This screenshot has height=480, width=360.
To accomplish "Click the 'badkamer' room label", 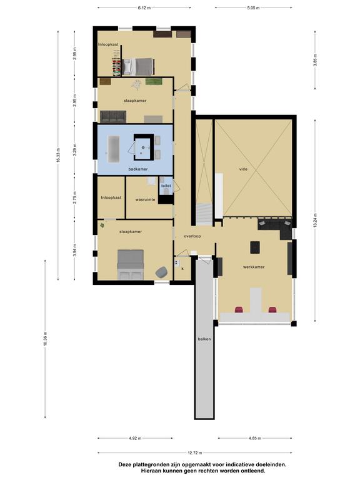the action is [x=138, y=169].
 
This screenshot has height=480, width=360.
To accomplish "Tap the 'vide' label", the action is [x=243, y=169].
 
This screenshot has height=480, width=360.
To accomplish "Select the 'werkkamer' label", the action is [x=254, y=267].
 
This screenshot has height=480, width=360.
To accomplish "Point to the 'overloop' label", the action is [x=192, y=236].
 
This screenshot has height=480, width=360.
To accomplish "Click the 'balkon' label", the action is [x=204, y=339].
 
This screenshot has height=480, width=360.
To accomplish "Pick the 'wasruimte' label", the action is [x=145, y=199].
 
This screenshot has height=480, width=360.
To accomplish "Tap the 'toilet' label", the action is [x=166, y=186].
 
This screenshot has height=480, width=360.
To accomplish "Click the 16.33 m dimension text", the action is [x=58, y=156].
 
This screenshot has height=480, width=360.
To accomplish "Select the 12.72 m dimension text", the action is [x=195, y=452].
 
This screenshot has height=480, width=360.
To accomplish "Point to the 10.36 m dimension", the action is [x=45, y=339].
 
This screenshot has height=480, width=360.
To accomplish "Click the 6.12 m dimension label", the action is [x=144, y=7].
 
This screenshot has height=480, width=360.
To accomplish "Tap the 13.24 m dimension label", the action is [x=315, y=221].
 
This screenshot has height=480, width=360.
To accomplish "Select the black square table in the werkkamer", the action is [x=255, y=247].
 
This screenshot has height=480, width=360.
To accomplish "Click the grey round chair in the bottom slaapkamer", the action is [x=161, y=272].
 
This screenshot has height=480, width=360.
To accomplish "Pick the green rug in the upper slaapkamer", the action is [x=154, y=81].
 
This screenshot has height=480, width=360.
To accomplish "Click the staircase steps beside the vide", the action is [x=204, y=214].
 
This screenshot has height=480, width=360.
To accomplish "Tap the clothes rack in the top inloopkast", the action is [x=117, y=64].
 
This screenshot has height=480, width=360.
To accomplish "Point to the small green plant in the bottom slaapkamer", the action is [x=102, y=226].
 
